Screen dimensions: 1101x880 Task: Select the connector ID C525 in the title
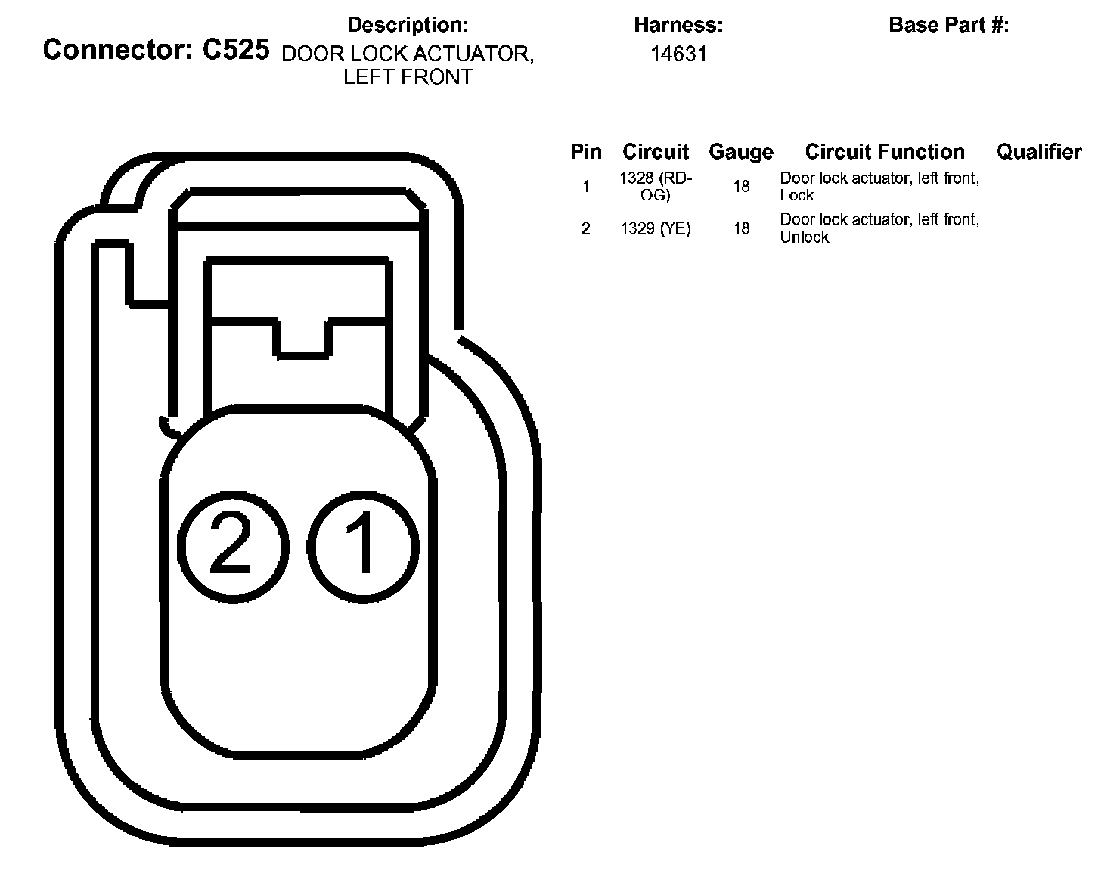click(x=235, y=50)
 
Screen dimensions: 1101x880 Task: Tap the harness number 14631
click(x=678, y=54)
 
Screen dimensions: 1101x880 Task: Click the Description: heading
click(x=408, y=25)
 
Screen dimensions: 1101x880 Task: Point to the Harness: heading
click(x=678, y=25)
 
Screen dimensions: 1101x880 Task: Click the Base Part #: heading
click(x=948, y=25)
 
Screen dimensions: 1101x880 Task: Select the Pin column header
click(x=585, y=152)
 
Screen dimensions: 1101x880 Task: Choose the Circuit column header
click(x=655, y=152)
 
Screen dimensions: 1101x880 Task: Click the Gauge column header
click(x=740, y=152)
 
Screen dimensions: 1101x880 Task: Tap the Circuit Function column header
click(x=884, y=152)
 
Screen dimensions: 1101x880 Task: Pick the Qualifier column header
click(x=1038, y=152)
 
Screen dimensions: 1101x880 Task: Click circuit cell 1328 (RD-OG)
click(x=655, y=186)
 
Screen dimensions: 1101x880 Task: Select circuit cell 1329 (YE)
click(x=655, y=228)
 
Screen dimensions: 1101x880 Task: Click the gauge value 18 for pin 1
click(x=741, y=186)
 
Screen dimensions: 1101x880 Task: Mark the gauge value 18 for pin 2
click(x=741, y=228)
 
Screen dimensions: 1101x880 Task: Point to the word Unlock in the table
click(x=804, y=237)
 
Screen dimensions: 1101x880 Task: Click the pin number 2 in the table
click(x=585, y=228)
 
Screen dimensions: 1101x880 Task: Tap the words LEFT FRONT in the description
click(x=408, y=77)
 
